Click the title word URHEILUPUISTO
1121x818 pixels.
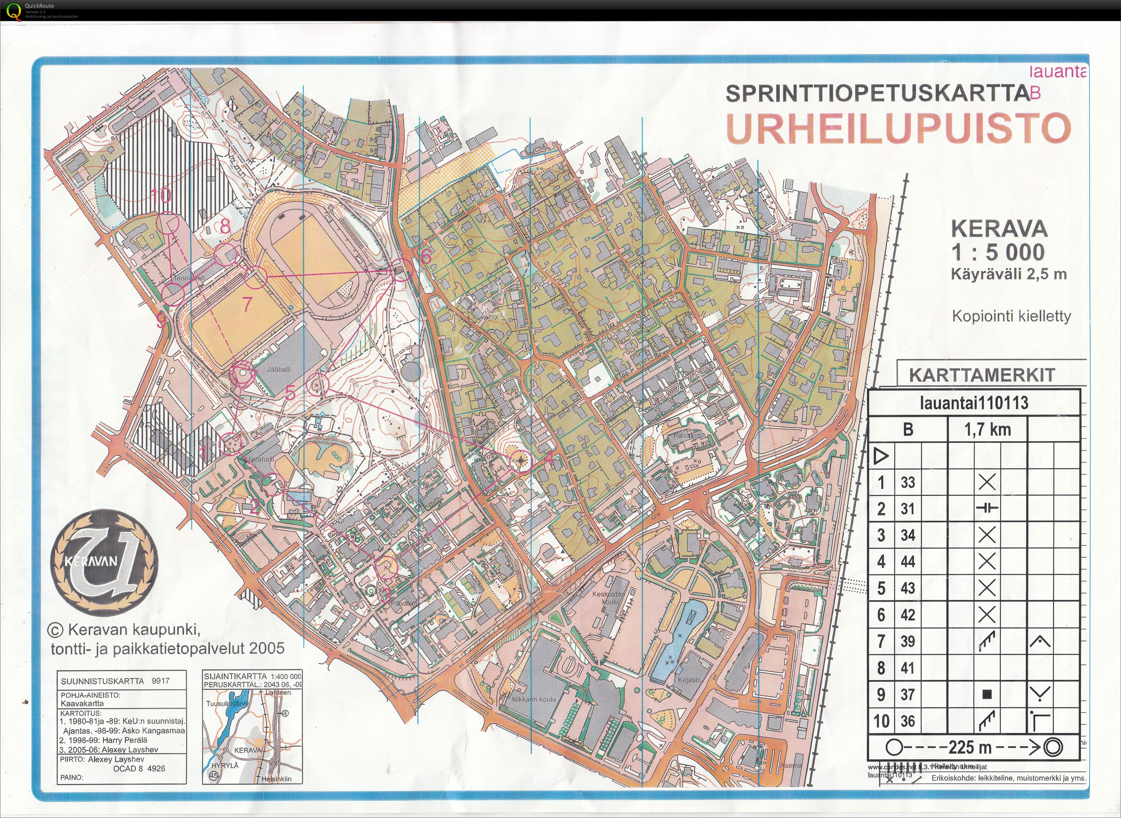(x=898, y=128)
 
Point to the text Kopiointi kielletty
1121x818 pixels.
(x=1011, y=316)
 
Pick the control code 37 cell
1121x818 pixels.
(x=908, y=695)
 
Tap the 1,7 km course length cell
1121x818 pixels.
(x=987, y=430)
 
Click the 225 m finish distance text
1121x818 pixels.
(x=970, y=747)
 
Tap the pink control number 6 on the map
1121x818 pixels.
(x=425, y=256)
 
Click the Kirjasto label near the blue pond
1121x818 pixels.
(x=689, y=680)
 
